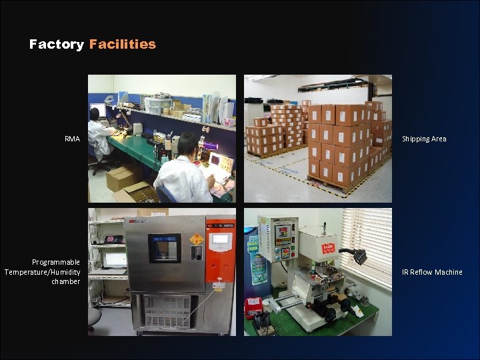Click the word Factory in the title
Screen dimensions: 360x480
tap(57, 45)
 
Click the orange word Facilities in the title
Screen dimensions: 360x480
tap(122, 45)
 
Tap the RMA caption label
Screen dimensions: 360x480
tap(72, 139)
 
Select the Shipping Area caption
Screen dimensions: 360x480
tap(424, 139)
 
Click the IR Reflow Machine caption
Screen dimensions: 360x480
tap(432, 272)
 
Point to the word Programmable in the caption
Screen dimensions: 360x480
tap(56, 262)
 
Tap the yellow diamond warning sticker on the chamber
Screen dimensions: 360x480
tap(197, 239)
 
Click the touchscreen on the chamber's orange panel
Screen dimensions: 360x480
tap(221, 239)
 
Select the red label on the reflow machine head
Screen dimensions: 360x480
tap(327, 249)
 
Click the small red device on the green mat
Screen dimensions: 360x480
tap(253, 306)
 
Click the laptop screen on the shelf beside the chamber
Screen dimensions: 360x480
tap(115, 259)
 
